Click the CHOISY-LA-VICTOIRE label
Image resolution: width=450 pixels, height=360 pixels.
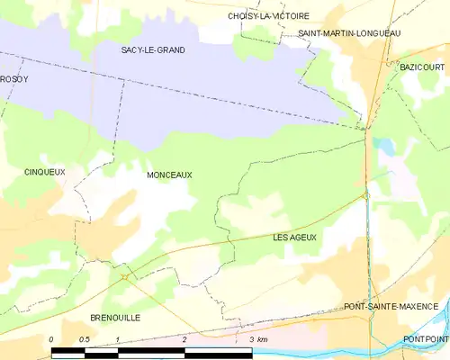[x=268, y=16]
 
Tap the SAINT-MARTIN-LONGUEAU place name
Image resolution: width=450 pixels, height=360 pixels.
[x=349, y=33]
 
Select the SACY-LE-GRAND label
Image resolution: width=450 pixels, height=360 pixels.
[x=153, y=50]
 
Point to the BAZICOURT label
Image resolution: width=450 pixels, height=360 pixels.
[x=423, y=68]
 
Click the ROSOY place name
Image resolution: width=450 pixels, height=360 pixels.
[x=14, y=79]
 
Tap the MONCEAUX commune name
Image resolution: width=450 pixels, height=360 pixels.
[x=169, y=176]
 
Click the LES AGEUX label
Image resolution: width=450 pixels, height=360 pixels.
[x=294, y=237]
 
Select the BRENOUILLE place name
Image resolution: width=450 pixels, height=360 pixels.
[x=115, y=318]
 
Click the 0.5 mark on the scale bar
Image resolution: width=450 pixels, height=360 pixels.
[x=84, y=339]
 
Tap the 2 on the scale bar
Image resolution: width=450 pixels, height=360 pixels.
[x=184, y=339]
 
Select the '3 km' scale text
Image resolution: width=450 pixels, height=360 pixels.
[x=257, y=339]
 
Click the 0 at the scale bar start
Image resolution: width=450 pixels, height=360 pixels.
[x=51, y=339]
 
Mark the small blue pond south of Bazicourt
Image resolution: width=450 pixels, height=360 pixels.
[x=385, y=144]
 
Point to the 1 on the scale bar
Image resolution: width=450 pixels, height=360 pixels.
[x=118, y=339]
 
